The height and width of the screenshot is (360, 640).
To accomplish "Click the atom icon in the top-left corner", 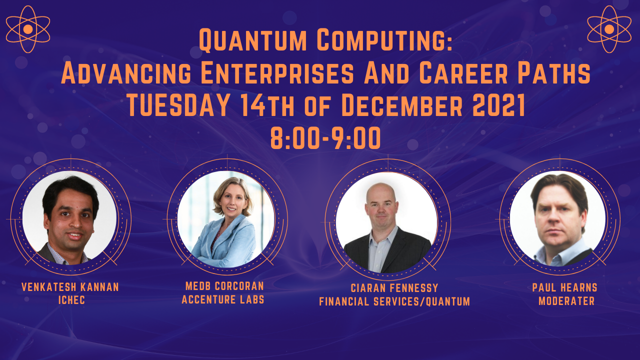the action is [28, 29].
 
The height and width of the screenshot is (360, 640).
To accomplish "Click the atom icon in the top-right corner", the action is [609, 29].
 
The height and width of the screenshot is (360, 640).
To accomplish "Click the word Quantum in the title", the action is [252, 40].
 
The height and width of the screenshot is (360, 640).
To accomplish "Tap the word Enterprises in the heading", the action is [277, 73].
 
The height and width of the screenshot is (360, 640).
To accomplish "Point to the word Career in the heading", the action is [463, 73].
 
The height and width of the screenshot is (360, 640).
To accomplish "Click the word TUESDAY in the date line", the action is [178, 105].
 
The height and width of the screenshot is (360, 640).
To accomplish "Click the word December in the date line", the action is [401, 105].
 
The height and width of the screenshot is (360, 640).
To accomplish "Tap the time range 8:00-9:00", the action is [325, 138].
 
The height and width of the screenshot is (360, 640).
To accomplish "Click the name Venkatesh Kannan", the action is [70, 287].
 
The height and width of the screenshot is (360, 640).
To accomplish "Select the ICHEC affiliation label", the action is [71, 300].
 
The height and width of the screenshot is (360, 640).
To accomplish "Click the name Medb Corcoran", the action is [224, 286].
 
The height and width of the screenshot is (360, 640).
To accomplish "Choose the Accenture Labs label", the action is [223, 299].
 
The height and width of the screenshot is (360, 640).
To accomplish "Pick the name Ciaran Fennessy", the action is [394, 288].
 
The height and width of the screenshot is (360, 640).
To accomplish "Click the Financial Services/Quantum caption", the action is [394, 301].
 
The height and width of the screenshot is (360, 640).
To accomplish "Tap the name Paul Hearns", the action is [565, 287].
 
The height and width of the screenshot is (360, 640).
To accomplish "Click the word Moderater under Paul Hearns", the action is [566, 301].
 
